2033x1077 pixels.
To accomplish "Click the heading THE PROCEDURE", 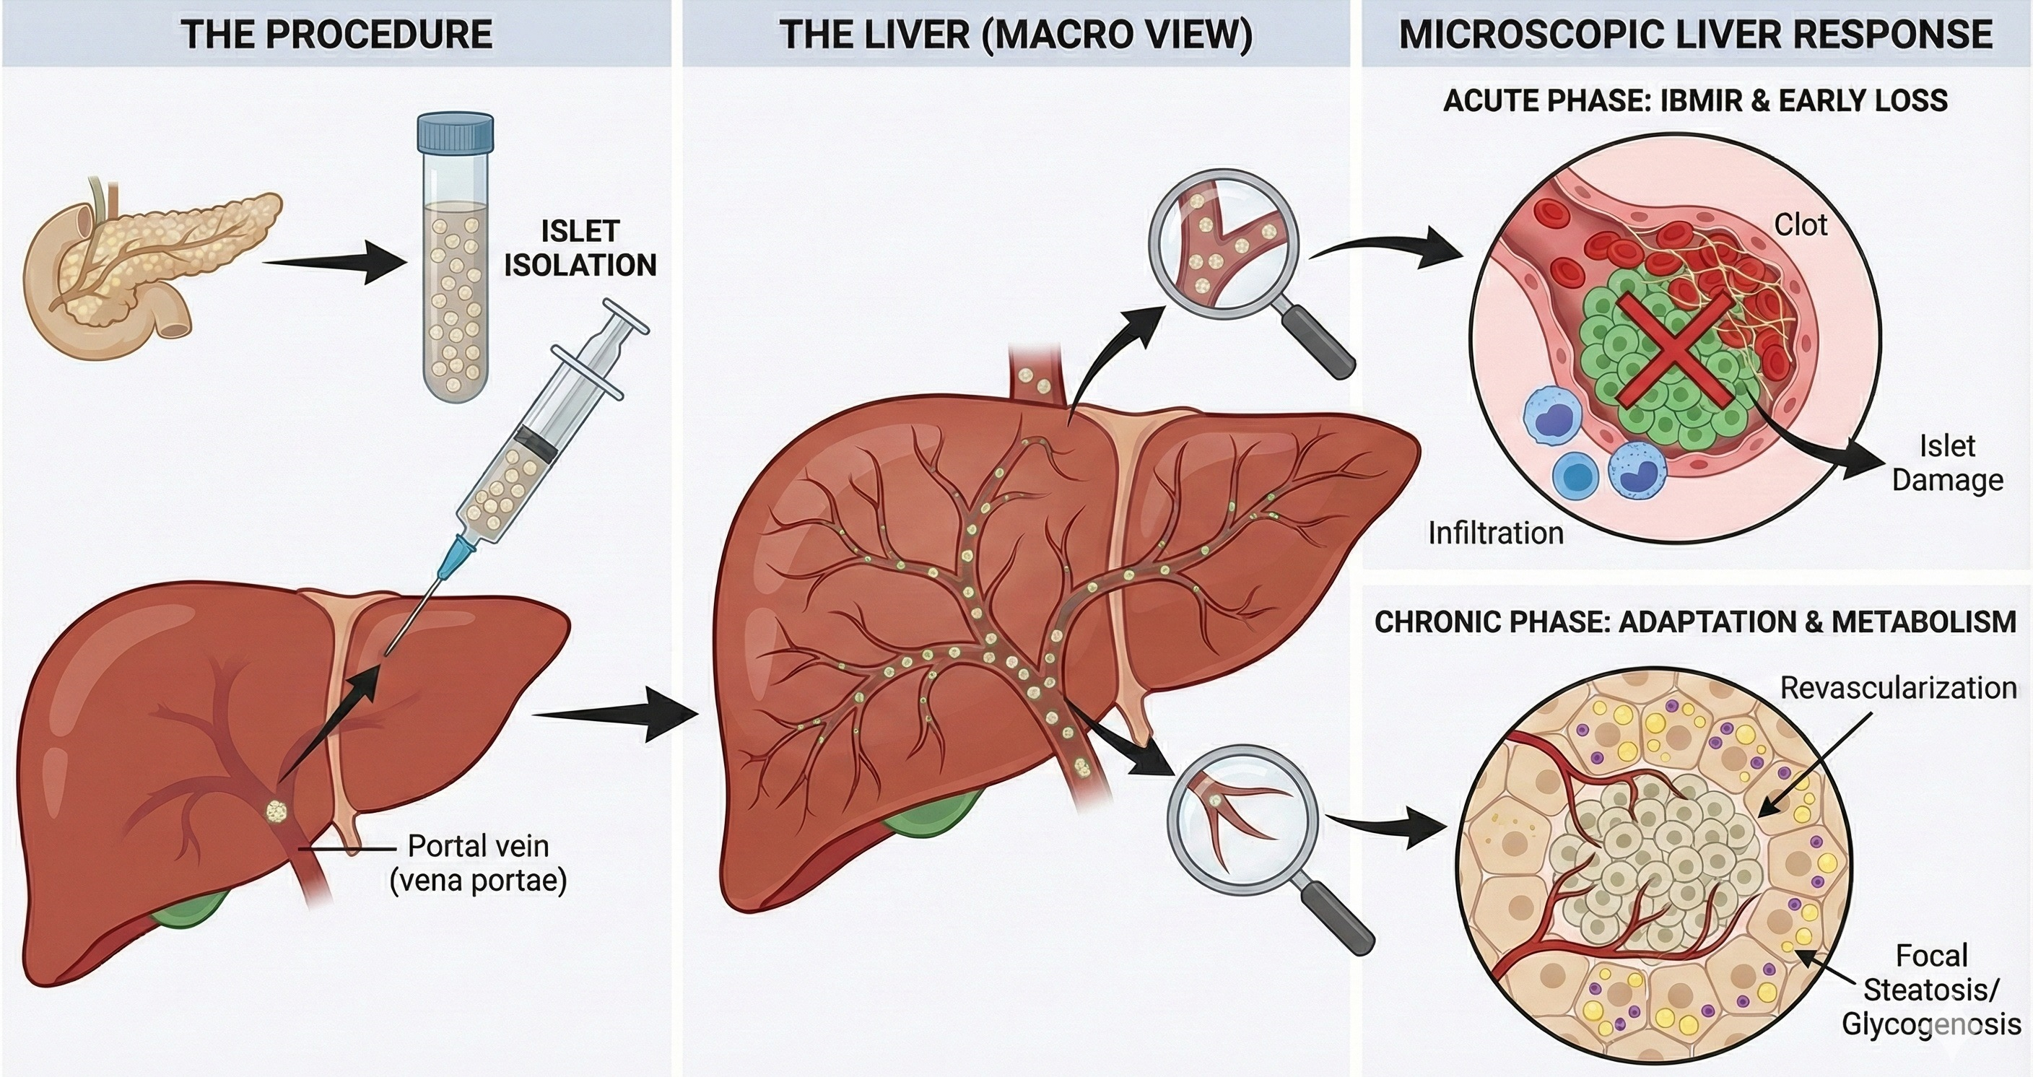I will pos(336,35).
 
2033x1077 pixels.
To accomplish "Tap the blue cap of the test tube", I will pos(456,133).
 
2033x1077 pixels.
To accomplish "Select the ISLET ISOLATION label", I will pos(580,248).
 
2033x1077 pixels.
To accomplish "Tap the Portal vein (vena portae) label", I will pos(478,863).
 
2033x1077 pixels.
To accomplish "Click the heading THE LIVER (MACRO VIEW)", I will pos(1016,35).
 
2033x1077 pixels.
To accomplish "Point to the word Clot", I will pos(1801,226).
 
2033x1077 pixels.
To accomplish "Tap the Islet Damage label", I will pos(1947,463).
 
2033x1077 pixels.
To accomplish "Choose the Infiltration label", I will pos(1496,533).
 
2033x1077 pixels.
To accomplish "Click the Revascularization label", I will pos(1897,688).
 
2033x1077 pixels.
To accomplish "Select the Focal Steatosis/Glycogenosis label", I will pos(1930,990).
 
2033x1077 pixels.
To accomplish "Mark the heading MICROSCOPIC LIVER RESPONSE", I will pos(1695,35).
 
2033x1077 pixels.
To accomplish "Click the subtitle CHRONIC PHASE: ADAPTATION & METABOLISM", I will pos(1694,622).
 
